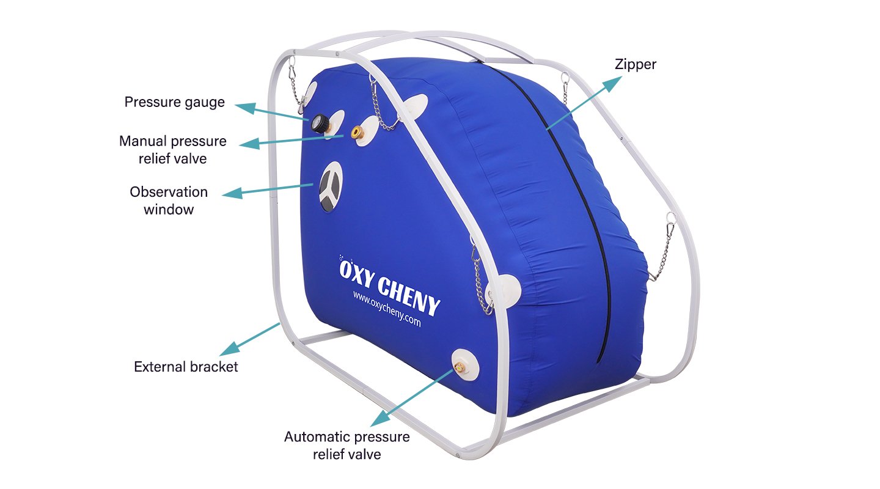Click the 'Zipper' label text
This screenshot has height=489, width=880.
click(636, 64)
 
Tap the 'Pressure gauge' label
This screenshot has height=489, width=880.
click(174, 102)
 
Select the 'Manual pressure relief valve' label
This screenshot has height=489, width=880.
click(173, 150)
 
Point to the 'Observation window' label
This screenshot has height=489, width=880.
click(169, 200)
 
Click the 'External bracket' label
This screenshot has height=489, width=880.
click(186, 367)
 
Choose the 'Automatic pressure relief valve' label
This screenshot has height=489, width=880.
click(347, 446)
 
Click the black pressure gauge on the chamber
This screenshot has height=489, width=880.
click(320, 123)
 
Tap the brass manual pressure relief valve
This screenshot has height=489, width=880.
click(357, 132)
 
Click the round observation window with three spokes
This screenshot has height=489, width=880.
click(331, 186)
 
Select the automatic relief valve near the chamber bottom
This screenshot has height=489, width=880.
click(460, 367)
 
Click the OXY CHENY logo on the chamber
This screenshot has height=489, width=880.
click(389, 285)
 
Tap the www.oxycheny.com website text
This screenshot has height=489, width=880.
click(387, 309)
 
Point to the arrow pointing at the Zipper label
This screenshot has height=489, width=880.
click(584, 103)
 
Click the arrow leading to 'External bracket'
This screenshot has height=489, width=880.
click(250, 339)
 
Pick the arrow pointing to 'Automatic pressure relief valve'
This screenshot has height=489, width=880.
click(412, 398)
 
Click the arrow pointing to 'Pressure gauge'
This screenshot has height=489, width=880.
click(272, 111)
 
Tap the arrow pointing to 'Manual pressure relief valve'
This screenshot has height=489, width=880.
click(291, 141)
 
